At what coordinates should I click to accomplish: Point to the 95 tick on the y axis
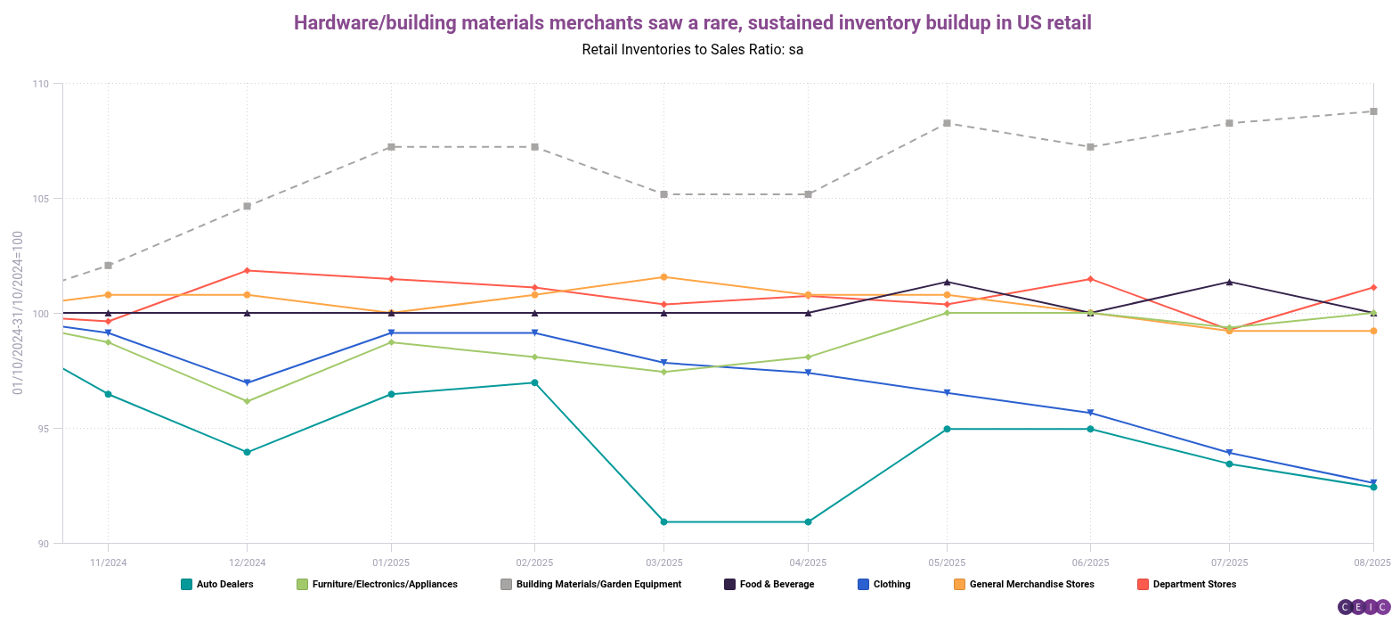click(44, 429)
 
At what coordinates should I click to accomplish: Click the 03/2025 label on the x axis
click(663, 562)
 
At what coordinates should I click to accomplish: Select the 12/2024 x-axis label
click(247, 562)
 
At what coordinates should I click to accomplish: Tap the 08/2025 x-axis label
click(1372, 562)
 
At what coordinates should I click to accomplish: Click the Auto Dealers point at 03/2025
click(663, 521)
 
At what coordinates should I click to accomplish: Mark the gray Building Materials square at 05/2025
click(947, 123)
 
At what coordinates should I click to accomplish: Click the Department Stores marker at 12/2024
click(247, 270)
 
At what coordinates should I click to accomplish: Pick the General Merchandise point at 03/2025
click(663, 277)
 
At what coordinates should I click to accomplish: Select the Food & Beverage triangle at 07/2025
click(1229, 282)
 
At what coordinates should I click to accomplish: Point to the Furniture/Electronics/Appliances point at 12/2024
click(247, 401)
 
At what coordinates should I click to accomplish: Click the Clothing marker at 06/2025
click(1090, 413)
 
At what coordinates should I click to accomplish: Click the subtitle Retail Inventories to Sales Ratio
click(692, 50)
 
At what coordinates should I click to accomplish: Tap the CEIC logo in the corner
click(1363, 607)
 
